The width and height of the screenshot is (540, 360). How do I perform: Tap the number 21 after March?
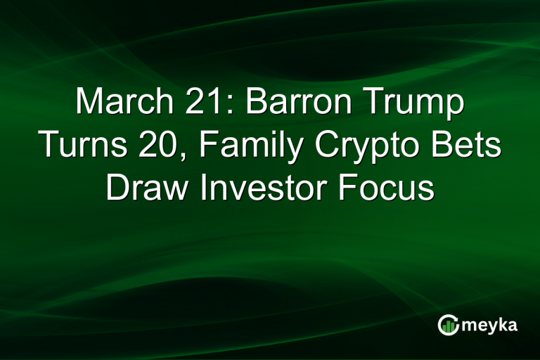(200, 103)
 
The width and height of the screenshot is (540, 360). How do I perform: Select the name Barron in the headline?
(292, 103)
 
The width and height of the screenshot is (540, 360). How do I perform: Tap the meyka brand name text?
(491, 325)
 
